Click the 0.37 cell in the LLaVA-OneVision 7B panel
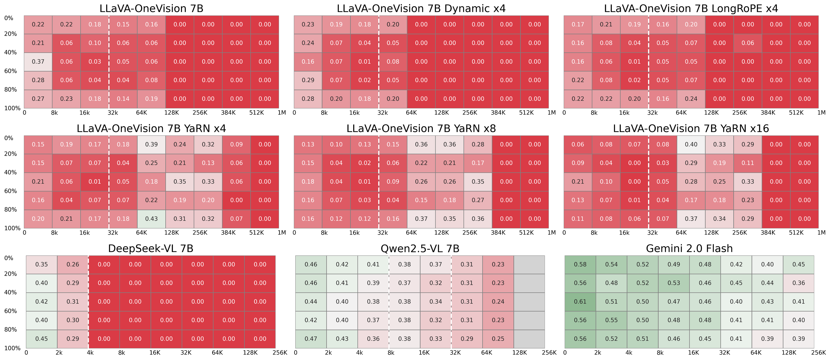[38, 62]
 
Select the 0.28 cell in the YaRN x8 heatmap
[478, 144]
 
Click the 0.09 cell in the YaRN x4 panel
[236, 144]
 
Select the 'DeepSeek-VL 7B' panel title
[150, 249]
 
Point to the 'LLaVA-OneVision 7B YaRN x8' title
[421, 129]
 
